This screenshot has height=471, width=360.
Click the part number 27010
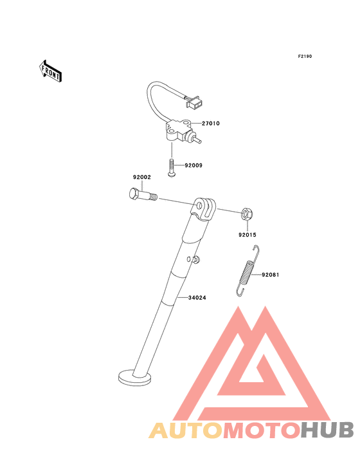point(211,124)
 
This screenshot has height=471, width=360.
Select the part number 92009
point(194,165)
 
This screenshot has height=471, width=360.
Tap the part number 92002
point(142,177)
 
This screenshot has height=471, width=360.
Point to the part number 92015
point(248,235)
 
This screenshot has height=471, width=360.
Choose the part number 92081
point(270,275)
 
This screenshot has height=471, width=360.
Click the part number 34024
point(197,298)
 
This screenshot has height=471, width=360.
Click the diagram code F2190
point(305,56)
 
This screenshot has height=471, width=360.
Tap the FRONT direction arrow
point(50,71)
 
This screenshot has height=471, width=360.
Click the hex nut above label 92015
point(248,214)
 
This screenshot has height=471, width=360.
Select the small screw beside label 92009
point(172,169)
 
